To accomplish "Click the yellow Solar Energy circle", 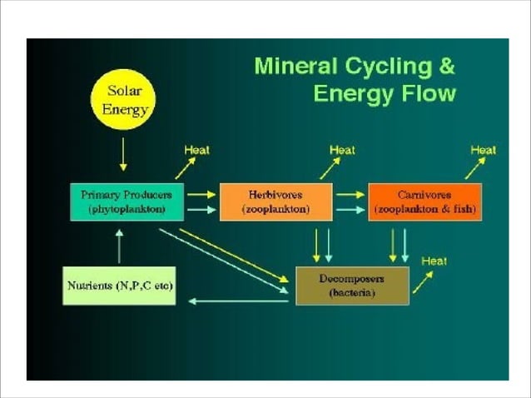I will coord(123,100).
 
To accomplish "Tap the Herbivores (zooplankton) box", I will coord(275,201).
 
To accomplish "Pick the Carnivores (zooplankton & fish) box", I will coord(424,201).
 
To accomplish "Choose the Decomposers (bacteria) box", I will coord(352,286).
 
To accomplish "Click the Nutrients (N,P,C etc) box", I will coord(120,286).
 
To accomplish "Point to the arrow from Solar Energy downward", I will coord(123,153).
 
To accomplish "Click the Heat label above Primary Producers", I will coord(196,150).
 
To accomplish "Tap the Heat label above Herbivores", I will coord(342,150).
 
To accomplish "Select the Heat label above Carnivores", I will coord(484,150).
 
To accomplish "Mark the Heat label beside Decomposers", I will coord(434,261).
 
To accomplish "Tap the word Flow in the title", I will coord(427,92).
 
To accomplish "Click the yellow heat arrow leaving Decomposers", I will coord(423,281).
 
